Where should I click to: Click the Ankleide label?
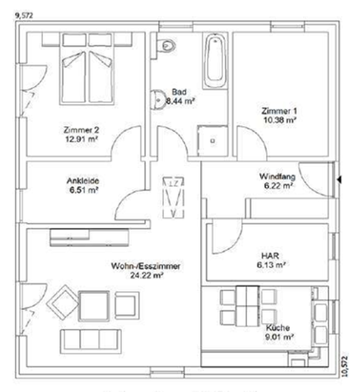tap(81, 179)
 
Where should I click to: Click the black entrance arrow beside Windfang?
tap(339, 180)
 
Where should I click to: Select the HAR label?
tap(268, 255)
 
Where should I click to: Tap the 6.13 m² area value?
tap(268, 266)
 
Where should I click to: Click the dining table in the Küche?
tap(240, 305)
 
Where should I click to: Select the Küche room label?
tap(277, 327)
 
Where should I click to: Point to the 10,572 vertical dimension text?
tap(345, 367)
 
